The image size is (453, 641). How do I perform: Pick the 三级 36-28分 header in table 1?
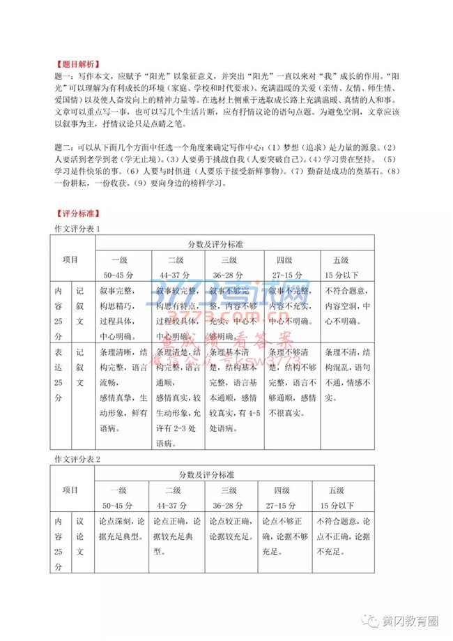228,266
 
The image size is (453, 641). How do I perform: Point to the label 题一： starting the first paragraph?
63,73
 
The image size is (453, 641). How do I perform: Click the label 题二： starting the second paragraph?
63,147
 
